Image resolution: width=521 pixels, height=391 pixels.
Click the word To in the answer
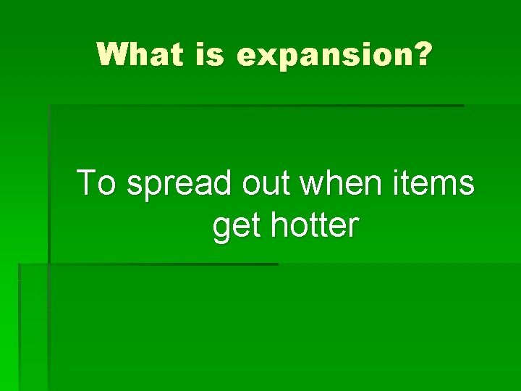coord(96,182)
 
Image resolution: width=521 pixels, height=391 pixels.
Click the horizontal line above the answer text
coord(256,106)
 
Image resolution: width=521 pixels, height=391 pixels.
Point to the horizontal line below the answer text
coord(163,264)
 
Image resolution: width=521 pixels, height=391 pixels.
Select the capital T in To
coord(87,182)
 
